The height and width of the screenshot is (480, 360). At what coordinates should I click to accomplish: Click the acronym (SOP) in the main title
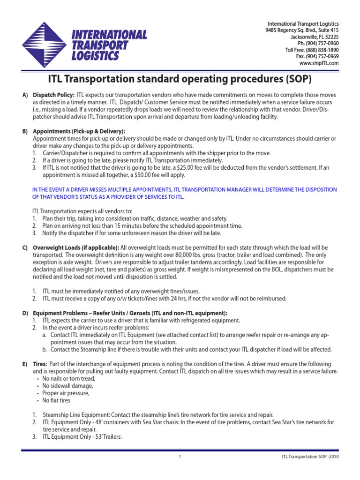point(293,79)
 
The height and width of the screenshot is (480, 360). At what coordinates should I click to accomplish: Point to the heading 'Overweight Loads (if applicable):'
point(75,247)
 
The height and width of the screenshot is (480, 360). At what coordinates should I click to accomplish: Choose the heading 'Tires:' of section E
point(39,364)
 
